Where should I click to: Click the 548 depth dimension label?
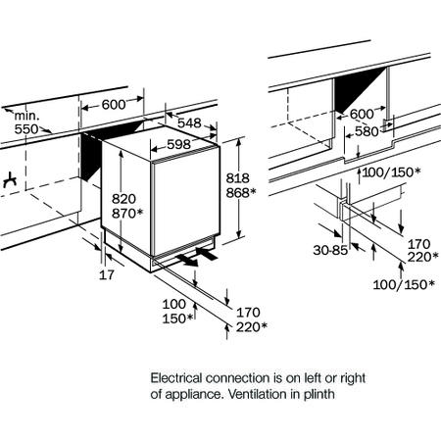click(189, 122)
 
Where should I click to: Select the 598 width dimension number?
click(178, 144)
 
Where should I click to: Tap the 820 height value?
click(123, 199)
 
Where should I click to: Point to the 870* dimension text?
click(127, 214)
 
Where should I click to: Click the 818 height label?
click(238, 178)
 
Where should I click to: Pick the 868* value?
click(241, 193)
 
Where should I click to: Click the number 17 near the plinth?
click(107, 275)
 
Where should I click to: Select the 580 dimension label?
click(367, 131)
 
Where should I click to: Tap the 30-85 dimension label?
click(330, 251)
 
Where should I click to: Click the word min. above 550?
click(26, 116)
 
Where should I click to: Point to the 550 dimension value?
click(26, 129)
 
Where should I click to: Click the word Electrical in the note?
click(176, 378)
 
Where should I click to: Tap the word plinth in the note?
click(319, 395)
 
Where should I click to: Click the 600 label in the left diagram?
click(114, 105)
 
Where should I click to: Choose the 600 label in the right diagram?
click(362, 114)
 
